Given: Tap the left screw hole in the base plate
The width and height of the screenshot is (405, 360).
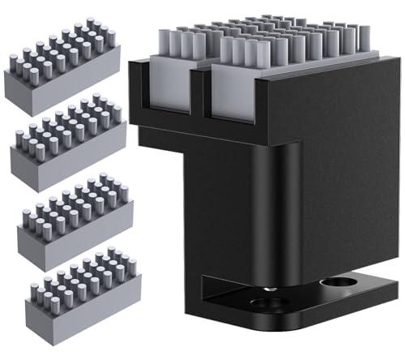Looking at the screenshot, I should [267, 304].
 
